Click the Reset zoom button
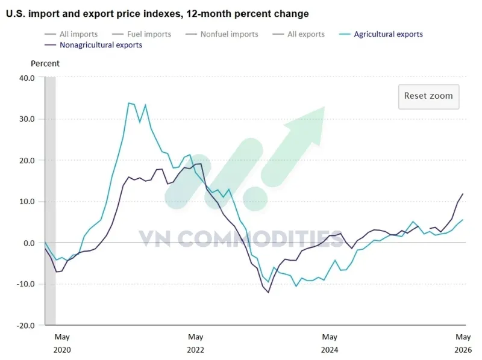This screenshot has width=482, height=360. tap(428, 96)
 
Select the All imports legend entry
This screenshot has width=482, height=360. tap(71, 34)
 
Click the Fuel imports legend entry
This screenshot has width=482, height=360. tap(142, 34)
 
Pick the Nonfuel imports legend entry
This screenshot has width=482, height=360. tap(222, 34)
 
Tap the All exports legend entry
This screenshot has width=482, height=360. tap(298, 34)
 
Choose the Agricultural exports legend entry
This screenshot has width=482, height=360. tap(381, 34)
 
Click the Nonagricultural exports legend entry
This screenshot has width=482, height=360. tap(93, 45)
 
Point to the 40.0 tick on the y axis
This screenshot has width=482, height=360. tap(27, 78)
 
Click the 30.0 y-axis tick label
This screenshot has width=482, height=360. tap(27, 119)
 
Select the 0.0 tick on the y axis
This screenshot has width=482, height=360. tap(29, 243)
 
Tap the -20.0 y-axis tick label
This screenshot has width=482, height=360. tap(25, 326)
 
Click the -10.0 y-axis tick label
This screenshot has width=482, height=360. tap(25, 284)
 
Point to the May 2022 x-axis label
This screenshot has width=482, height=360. tap(195, 343)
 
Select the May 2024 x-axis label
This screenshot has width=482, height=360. tap(330, 343)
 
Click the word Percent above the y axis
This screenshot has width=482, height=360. tap(45, 64)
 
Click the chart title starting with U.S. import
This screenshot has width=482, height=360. tap(157, 14)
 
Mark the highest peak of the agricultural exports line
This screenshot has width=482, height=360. tap(129, 103)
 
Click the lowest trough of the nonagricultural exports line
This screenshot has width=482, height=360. tap(268, 293)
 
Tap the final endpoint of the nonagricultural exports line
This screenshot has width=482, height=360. tap(463, 194)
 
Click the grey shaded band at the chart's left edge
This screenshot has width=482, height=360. tap(51, 201)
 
